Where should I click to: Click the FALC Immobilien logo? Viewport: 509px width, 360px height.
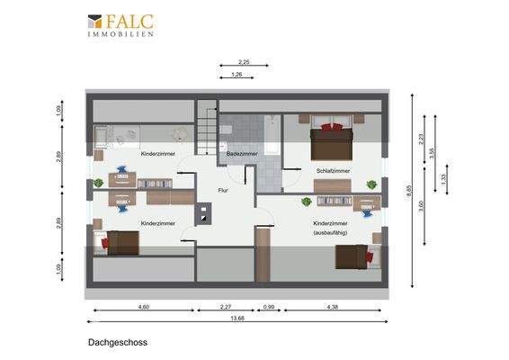pos(121,24)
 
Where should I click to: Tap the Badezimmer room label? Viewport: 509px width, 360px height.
pos(242,154)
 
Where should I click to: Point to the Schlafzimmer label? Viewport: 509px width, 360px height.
pos(333,170)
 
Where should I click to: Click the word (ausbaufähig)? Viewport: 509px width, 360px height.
pos(331,233)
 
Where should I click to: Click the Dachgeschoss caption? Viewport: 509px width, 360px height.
pos(117,342)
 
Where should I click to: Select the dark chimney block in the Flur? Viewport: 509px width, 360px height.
pos(206,215)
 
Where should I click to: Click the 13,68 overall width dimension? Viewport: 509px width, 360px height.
pos(237,317)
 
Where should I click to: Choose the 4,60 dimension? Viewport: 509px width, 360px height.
pos(143,307)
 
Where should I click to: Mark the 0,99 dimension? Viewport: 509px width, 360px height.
pos(268,307)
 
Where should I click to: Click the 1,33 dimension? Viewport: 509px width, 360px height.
pos(442,177)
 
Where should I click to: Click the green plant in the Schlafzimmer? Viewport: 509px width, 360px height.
pos(370,185)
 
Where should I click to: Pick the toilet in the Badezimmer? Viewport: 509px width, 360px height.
pos(228,131)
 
